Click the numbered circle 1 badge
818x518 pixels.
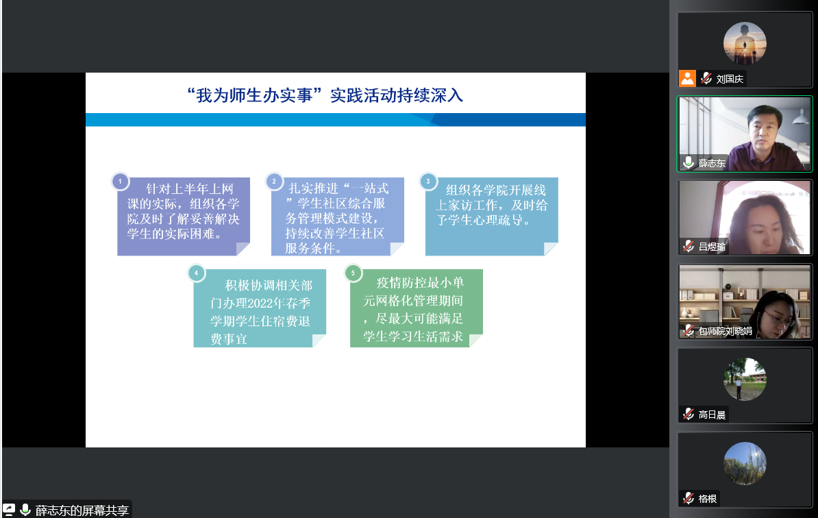120,182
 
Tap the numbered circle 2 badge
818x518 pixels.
274,182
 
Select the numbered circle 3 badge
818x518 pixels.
428,182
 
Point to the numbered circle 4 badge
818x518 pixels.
196,273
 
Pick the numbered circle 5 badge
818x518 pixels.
354,273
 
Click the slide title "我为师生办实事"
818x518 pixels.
254,95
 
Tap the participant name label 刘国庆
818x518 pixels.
730,79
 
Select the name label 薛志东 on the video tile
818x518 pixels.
712,163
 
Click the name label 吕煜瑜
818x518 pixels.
712,247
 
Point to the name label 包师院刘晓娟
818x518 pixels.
725,331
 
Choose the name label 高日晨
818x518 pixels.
712,415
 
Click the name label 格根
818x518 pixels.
708,499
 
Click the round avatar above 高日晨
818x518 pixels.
745,379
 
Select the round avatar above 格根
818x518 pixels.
745,464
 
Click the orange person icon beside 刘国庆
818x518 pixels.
688,78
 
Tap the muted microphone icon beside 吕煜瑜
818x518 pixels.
689,246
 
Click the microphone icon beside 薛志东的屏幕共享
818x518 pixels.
25,510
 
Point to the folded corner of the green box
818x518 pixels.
475,341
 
